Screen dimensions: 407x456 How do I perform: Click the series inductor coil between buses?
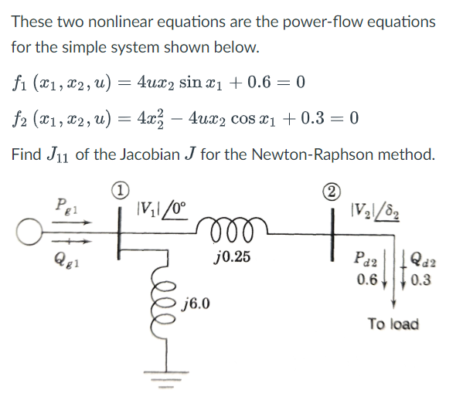[233, 228]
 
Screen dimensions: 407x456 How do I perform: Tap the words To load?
[393, 324]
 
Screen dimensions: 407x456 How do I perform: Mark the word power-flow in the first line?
[293, 21]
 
